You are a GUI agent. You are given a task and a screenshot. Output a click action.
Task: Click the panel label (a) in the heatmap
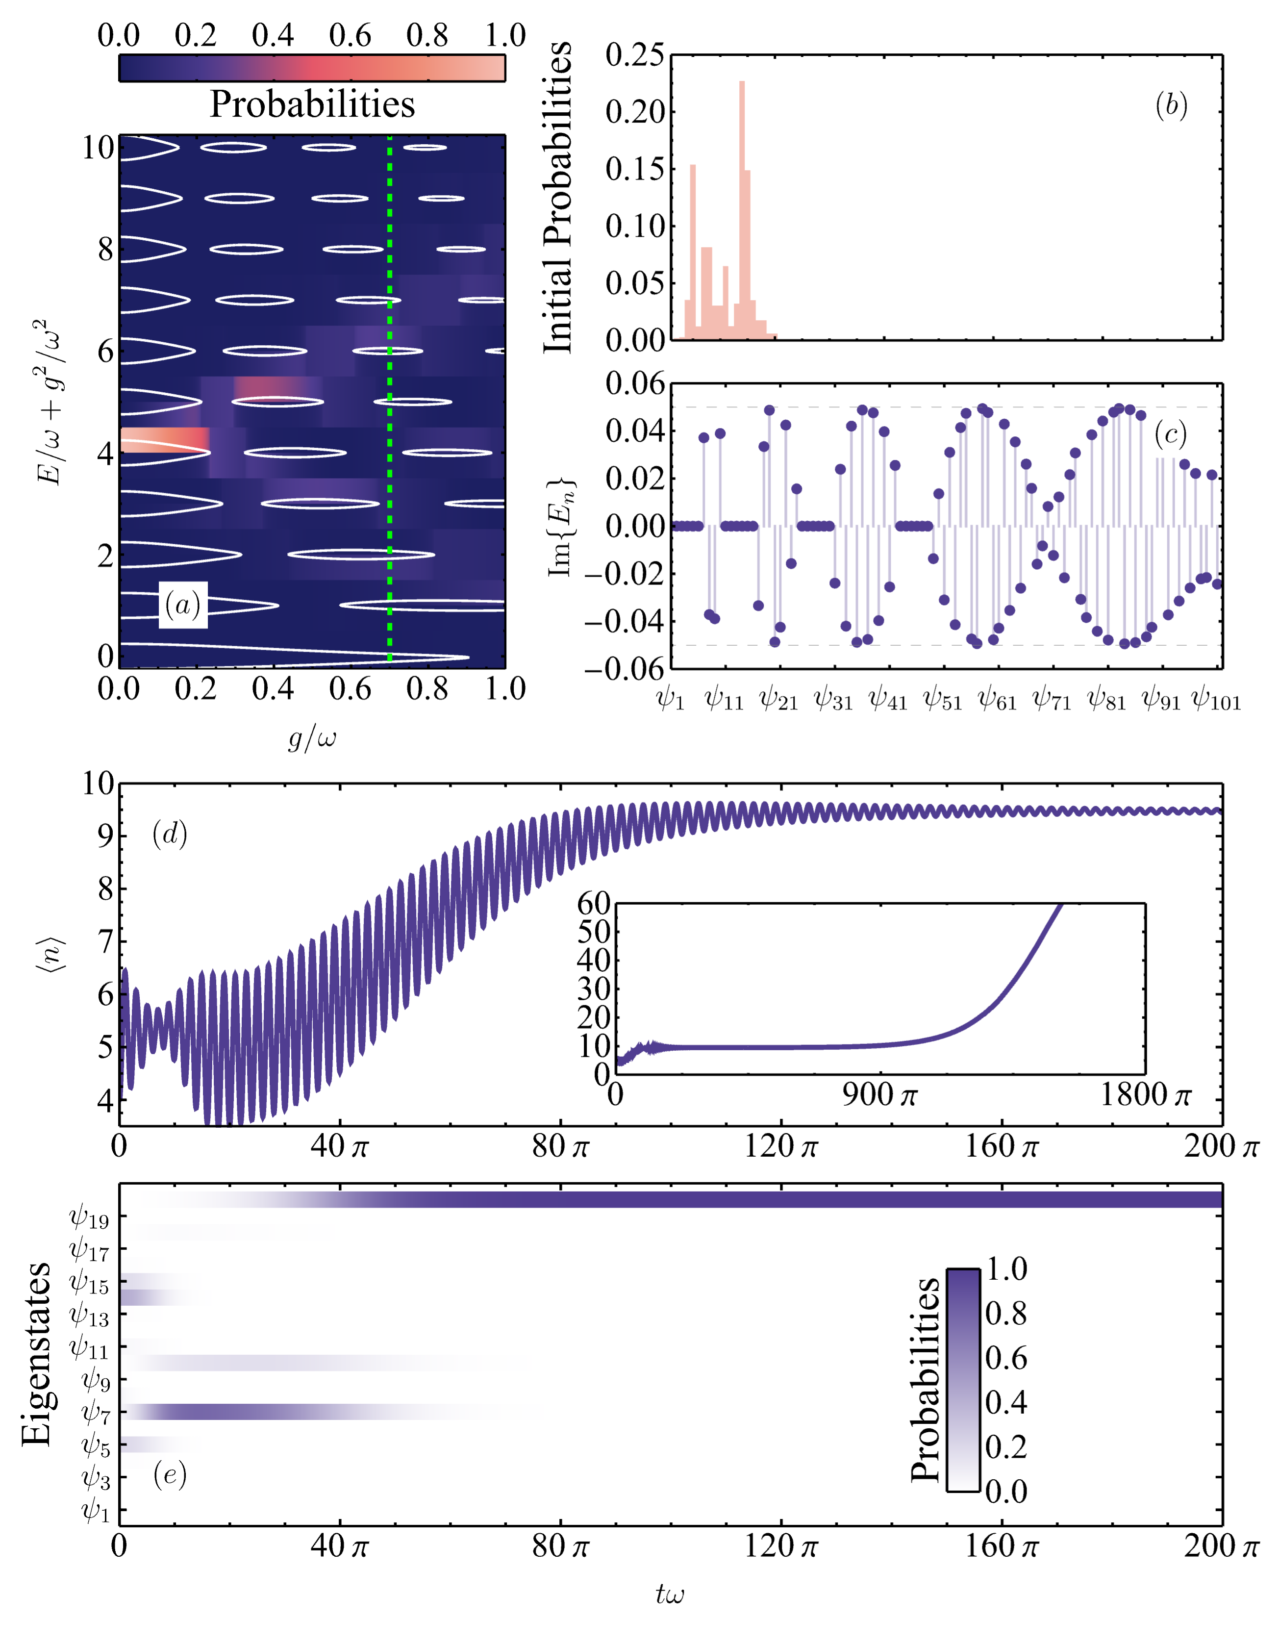point(182,605)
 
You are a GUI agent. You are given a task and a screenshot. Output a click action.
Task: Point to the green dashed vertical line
point(389,400)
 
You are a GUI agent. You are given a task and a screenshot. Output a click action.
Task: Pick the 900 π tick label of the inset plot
point(879,1095)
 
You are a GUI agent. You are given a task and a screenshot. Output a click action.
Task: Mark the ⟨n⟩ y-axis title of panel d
point(51,954)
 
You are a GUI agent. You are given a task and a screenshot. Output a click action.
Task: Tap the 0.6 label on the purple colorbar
point(1006,1357)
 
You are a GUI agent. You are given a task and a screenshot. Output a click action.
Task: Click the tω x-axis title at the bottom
point(670,1594)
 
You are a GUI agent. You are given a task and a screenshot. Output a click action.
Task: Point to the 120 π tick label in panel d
point(780,1147)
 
